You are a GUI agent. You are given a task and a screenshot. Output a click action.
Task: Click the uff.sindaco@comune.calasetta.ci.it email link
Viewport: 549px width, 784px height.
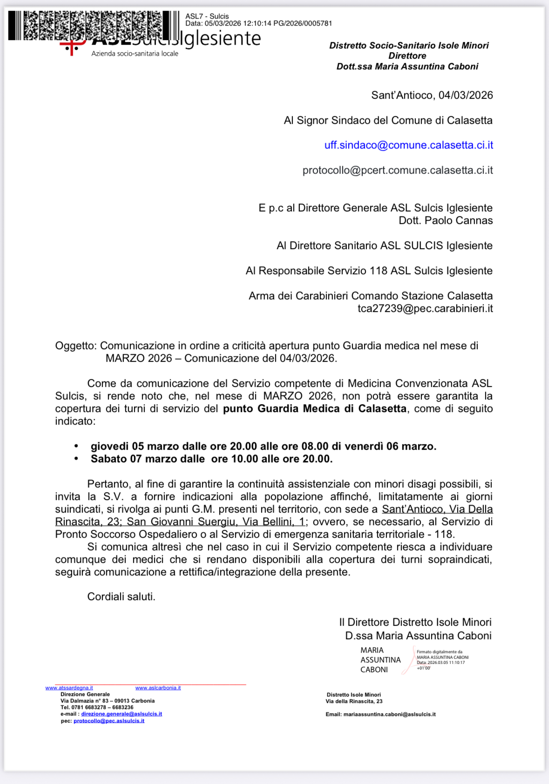[408, 145]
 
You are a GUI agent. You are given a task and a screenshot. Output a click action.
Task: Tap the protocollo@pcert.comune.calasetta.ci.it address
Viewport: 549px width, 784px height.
[397, 170]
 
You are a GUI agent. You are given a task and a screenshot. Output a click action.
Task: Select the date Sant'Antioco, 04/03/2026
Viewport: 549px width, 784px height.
[432, 95]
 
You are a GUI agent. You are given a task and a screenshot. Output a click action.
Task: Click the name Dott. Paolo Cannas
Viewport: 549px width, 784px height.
[445, 221]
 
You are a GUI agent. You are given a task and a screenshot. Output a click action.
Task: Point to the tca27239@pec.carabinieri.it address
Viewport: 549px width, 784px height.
[425, 309]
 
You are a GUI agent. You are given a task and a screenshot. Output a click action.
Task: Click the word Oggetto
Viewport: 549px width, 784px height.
[75, 346]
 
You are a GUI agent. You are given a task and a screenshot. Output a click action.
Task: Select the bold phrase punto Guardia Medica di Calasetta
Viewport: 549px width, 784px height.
[314, 409]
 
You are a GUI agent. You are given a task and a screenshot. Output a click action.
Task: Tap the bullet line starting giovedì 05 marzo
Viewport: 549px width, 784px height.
[263, 446]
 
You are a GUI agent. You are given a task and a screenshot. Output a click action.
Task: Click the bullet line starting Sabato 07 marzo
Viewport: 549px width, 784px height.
[211, 459]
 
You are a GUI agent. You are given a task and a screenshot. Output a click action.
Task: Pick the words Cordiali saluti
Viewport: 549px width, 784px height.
[121, 597]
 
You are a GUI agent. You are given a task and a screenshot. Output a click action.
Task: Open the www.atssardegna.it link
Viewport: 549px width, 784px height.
[69, 688]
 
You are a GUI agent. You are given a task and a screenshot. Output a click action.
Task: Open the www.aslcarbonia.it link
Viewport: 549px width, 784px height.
[158, 688]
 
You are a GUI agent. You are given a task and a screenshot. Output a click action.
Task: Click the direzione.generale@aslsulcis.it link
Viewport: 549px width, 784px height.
[122, 714]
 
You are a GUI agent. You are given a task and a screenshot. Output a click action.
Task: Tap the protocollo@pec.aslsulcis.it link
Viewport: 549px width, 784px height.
[109, 721]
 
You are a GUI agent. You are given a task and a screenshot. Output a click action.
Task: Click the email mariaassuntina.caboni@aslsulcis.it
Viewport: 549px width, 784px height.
[389, 714]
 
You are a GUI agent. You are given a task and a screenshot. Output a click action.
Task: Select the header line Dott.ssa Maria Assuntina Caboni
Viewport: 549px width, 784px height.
[407, 67]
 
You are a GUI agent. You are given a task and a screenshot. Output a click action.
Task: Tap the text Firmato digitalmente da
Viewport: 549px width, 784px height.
[439, 652]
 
